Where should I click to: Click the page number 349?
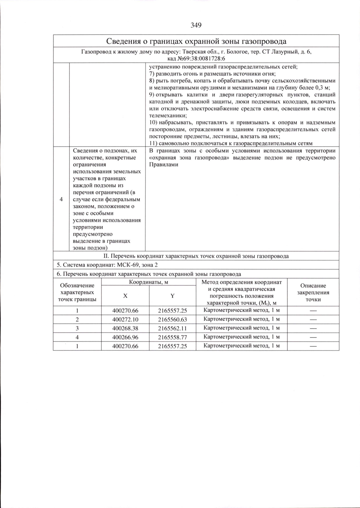196,25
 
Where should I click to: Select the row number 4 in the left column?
61,199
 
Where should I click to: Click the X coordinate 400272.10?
125,319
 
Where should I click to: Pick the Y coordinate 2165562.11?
172,328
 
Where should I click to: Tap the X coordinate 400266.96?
125,337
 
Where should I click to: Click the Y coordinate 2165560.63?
172,319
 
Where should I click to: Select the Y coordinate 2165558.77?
172,337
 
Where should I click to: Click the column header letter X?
125,296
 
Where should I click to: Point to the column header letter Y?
172,296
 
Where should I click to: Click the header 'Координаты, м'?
149,282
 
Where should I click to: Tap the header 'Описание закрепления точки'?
313,293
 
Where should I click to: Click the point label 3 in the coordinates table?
77,328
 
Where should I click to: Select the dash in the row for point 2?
313,320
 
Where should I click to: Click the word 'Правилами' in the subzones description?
163,164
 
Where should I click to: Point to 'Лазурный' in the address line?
283,52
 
